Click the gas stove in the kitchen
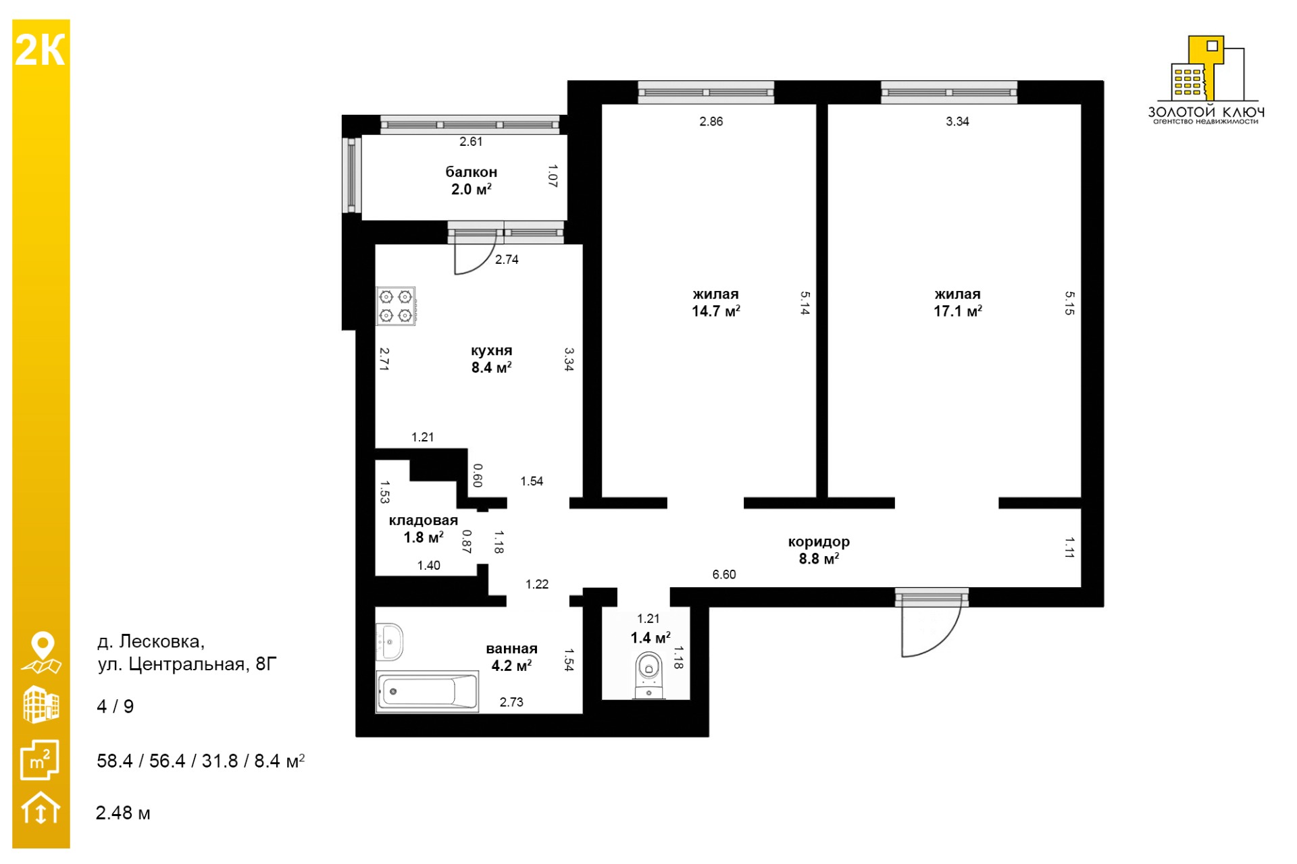[x=396, y=306]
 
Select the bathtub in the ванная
[x=427, y=691]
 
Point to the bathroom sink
[x=389, y=641]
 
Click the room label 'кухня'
[x=491, y=351]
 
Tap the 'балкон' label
[x=471, y=172]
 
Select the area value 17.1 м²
[x=957, y=311]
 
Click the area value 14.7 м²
[x=715, y=311]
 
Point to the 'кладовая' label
[x=423, y=520]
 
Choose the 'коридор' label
[x=819, y=542]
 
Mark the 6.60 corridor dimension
[x=724, y=574]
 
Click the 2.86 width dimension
[x=711, y=122]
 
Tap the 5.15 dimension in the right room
[x=1069, y=303]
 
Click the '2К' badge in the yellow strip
[x=41, y=51]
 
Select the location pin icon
[x=42, y=653]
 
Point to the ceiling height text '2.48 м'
[x=123, y=813]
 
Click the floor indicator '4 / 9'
[x=116, y=707]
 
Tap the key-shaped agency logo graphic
[x=1206, y=70]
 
